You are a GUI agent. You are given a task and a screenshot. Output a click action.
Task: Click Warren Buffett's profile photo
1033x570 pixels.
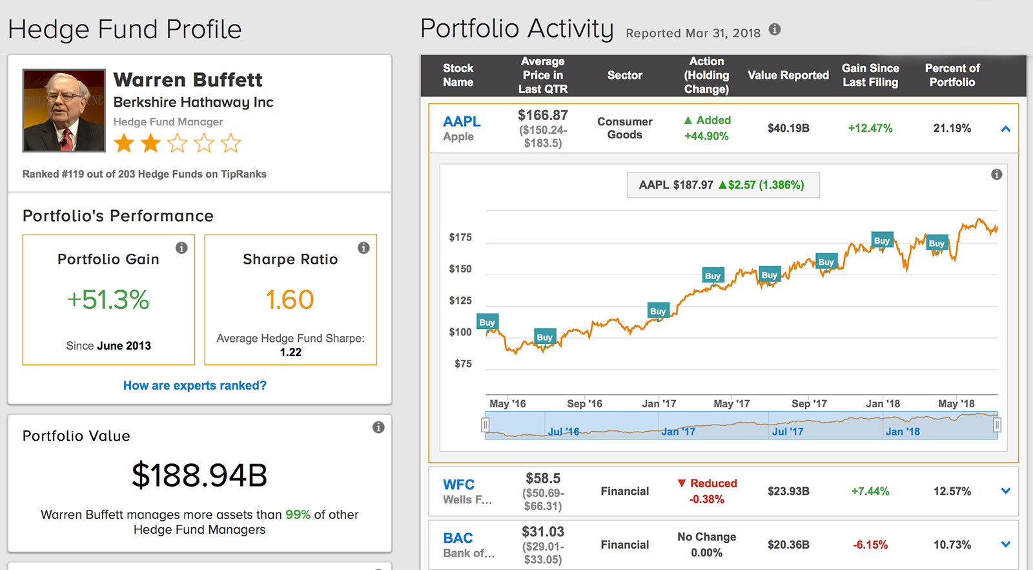click(x=64, y=111)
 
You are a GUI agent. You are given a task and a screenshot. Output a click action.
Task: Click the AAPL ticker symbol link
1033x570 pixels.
click(x=462, y=121)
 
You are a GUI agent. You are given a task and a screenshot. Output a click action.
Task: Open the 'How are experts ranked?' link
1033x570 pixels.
click(x=194, y=385)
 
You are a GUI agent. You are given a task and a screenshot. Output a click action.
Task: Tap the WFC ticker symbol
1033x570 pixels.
click(x=458, y=485)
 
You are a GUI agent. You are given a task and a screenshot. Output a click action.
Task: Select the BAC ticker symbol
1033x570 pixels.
click(x=458, y=538)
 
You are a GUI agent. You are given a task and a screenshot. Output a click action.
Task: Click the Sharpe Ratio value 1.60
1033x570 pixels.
click(x=290, y=300)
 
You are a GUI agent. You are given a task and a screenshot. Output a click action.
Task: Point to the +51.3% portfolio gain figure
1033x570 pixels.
click(x=108, y=300)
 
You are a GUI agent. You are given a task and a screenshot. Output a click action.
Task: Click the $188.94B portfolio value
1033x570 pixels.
click(x=199, y=476)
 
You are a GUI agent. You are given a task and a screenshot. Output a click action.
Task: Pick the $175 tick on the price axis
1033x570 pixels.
click(x=460, y=237)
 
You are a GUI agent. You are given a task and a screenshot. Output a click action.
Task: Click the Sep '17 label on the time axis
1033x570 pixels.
click(x=809, y=403)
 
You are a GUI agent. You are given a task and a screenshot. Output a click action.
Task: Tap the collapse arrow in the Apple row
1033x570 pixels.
click(x=1005, y=129)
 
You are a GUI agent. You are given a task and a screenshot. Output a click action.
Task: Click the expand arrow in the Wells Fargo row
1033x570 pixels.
click(x=1005, y=491)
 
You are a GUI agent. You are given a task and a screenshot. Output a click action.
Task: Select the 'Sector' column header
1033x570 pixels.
click(x=624, y=75)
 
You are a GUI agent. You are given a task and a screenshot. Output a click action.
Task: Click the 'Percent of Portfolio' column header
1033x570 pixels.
click(x=952, y=75)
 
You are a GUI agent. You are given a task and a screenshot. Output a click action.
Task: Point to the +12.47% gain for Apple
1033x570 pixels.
click(x=870, y=128)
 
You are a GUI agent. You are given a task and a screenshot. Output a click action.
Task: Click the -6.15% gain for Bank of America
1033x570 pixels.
click(x=870, y=545)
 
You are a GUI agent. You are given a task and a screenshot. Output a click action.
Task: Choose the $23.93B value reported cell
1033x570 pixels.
click(x=788, y=491)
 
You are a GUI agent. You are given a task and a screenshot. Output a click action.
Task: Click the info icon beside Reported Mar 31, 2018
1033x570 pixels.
click(x=775, y=29)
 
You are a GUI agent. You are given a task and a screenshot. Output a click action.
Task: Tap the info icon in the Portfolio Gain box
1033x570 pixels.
click(x=181, y=248)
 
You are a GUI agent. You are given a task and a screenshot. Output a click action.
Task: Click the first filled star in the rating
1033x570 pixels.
click(x=124, y=143)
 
